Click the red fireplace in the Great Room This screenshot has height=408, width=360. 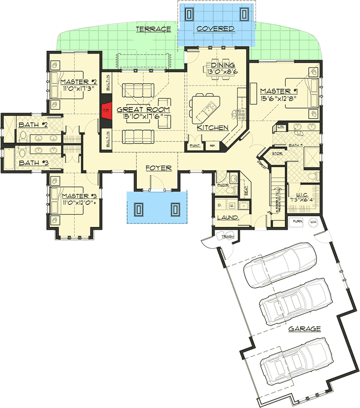click(106, 110)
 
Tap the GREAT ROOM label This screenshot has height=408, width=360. click(144, 109)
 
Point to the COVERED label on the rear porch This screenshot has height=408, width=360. click(216, 29)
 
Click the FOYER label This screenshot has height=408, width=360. click(158, 168)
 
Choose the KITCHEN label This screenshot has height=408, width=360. click(213, 128)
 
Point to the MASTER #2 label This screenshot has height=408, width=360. click(79, 82)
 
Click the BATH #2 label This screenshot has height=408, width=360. click(33, 124)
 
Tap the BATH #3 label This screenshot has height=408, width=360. click(32, 163)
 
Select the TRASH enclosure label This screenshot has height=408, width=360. click(225, 236)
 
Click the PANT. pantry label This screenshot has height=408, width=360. click(195, 145)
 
